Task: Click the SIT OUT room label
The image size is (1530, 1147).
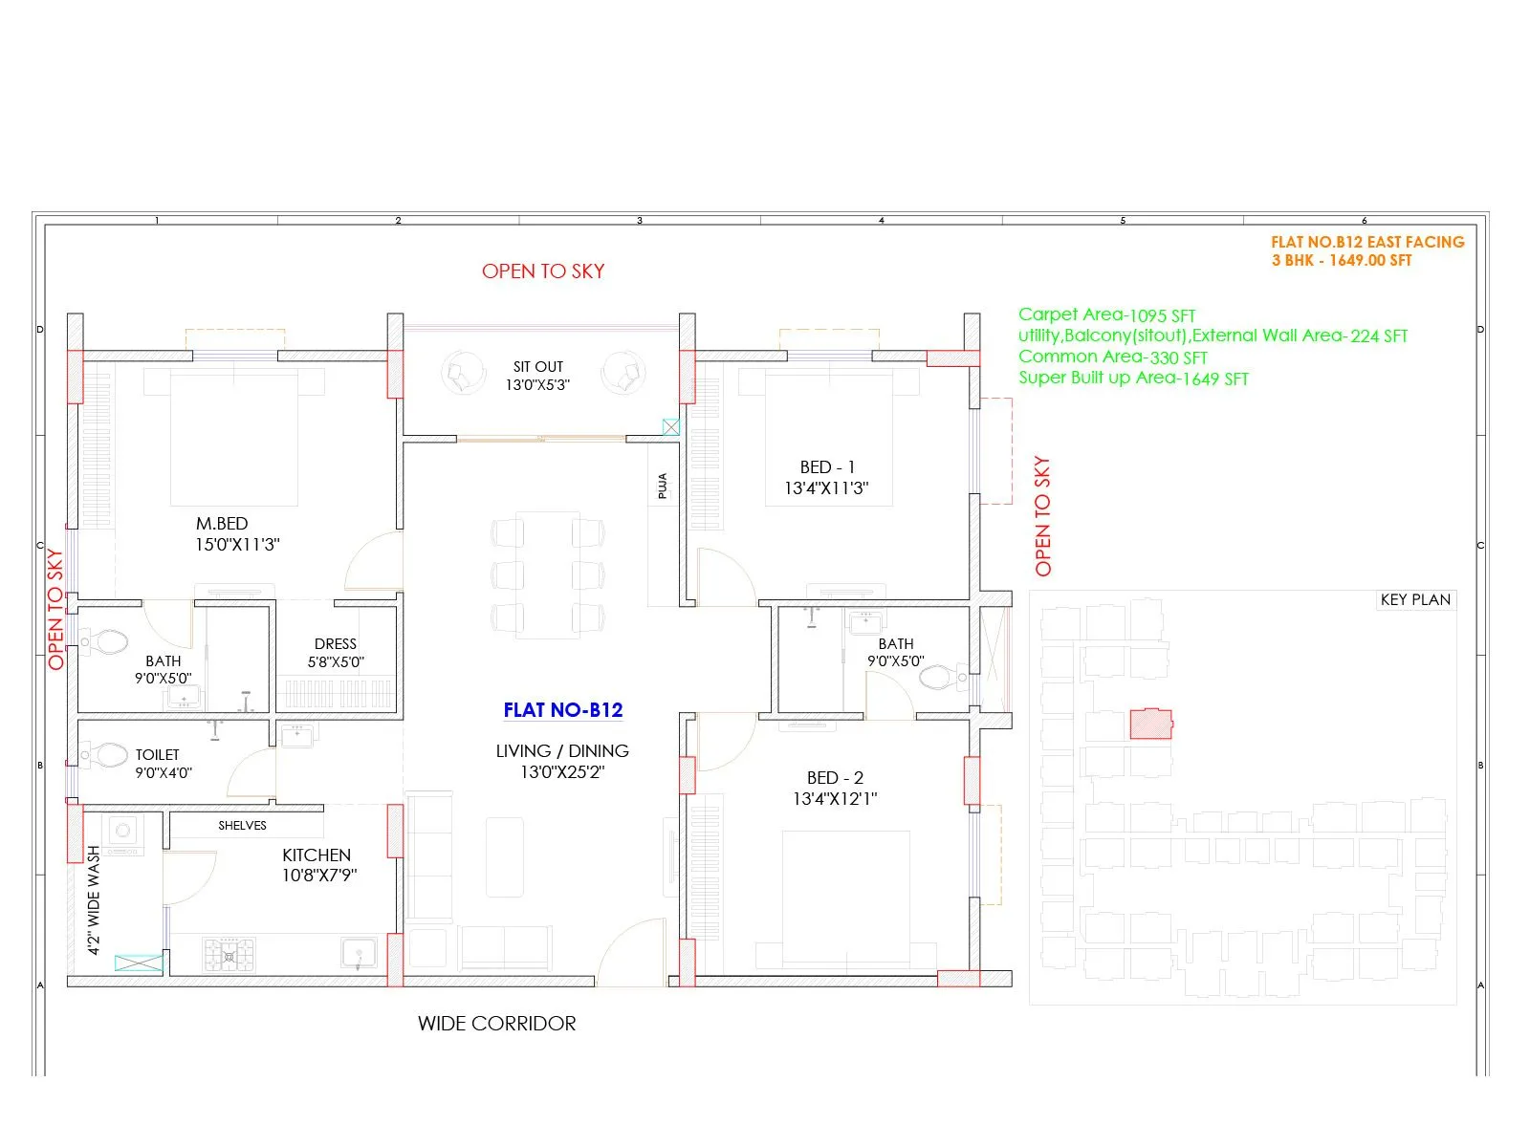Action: [x=537, y=367]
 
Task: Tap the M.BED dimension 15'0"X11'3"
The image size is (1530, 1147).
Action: [x=237, y=545]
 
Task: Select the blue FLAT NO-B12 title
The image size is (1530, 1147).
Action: [x=562, y=710]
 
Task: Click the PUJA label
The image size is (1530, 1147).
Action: [x=663, y=487]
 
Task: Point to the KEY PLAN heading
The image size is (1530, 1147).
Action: [x=1415, y=600]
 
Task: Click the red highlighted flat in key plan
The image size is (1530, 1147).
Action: [x=1150, y=724]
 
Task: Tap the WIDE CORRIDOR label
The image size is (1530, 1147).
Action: [x=496, y=1024]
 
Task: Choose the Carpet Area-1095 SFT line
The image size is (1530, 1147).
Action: [x=1106, y=315]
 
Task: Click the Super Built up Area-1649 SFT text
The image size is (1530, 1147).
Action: [x=1133, y=379]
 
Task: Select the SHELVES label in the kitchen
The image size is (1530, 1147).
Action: [x=242, y=826]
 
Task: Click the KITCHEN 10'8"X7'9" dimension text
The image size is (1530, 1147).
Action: [x=318, y=876]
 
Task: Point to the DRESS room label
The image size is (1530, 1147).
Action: [x=335, y=644]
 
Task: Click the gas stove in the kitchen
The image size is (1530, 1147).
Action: [x=229, y=955]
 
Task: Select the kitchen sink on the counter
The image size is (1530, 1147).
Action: [x=359, y=953]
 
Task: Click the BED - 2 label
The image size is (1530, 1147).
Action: [x=835, y=778]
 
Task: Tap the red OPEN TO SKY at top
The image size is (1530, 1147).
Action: [x=543, y=271]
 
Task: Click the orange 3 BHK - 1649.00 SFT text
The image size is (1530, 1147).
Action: [x=1341, y=261]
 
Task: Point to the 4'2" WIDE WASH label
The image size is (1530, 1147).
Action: [x=94, y=899]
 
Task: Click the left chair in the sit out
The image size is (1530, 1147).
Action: [x=463, y=374]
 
